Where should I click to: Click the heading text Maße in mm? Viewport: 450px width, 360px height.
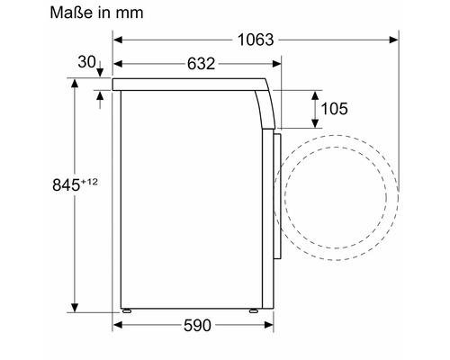(x=96, y=13)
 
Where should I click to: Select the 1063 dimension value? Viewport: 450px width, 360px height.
(x=256, y=40)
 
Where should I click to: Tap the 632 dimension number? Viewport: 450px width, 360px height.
(x=201, y=64)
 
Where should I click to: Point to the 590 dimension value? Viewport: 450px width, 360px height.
(x=197, y=325)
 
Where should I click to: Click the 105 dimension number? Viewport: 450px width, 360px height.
(x=335, y=109)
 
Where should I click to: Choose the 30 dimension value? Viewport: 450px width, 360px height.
(x=86, y=62)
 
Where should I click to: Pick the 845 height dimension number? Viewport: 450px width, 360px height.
(x=66, y=184)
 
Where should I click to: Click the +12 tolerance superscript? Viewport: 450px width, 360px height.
(x=89, y=182)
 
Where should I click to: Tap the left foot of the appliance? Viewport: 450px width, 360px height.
(x=127, y=310)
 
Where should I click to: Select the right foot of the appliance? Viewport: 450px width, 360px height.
(x=254, y=310)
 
